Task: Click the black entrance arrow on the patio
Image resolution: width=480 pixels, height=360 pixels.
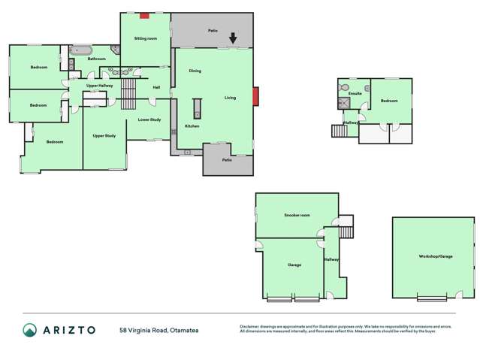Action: (233, 38)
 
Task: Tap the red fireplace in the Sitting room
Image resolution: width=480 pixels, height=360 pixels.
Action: (144, 15)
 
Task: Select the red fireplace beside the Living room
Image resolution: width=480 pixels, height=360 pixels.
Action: (255, 96)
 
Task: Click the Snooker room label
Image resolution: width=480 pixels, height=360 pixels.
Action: (297, 215)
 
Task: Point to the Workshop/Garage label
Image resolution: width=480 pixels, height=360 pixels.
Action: (436, 257)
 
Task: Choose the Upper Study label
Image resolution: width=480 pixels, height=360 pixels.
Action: (104, 136)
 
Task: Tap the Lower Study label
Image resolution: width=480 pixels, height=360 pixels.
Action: (149, 119)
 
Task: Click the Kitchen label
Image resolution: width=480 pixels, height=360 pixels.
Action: (192, 126)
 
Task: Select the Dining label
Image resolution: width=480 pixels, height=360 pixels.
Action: (195, 71)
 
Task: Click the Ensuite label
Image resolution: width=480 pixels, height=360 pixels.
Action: (355, 94)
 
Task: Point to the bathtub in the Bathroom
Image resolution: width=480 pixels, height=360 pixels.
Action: (80, 52)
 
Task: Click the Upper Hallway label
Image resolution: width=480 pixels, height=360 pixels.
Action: (99, 86)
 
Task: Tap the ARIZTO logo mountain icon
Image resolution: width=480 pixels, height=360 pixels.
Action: (29, 329)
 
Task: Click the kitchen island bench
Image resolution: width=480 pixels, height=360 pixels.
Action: (198, 109)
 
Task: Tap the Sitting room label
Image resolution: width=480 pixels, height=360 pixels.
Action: (145, 38)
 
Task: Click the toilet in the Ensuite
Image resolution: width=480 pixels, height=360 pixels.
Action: (343, 86)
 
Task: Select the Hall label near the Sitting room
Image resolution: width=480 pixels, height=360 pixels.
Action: (156, 88)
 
